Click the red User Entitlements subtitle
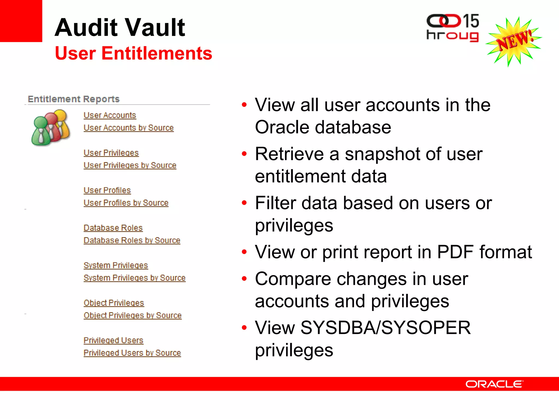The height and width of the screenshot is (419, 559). point(133,53)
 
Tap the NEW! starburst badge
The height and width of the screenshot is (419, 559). point(513,41)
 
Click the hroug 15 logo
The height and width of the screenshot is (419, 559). point(453,28)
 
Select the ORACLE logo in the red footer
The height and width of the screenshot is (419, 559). point(494,384)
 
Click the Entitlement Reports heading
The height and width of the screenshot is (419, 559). point(74,99)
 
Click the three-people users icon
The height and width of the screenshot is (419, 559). point(50,127)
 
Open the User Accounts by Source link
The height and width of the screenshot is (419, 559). point(129,128)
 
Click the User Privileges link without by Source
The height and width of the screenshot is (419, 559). point(111,153)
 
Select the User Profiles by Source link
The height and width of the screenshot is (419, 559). point(126,203)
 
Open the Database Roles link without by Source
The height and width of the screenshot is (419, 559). point(113,228)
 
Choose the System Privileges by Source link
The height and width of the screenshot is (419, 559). point(135,278)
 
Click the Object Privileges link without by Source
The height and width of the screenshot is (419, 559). point(114,303)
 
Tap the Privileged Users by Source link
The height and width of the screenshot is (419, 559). point(132,353)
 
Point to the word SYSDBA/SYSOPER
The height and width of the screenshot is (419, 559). point(385,328)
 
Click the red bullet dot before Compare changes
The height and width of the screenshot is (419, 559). point(244,279)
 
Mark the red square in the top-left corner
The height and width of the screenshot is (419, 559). point(21,21)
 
